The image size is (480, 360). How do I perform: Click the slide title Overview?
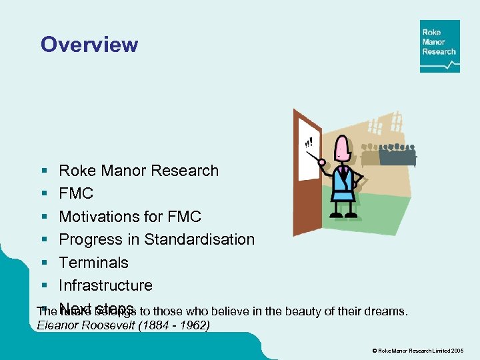point(89,45)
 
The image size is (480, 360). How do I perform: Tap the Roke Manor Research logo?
point(439,46)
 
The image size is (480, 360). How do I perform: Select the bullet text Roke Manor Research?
point(139,171)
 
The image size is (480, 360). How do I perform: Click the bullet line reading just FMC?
point(76,193)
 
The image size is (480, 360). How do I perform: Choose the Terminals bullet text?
point(93,262)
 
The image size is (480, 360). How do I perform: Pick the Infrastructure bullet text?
point(105,285)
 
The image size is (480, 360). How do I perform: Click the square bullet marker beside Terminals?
point(43,263)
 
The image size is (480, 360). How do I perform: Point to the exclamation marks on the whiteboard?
point(308,141)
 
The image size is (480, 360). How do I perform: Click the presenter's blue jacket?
point(343,181)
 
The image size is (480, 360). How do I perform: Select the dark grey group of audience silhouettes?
point(397,155)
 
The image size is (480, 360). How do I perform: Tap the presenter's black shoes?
point(341,215)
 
